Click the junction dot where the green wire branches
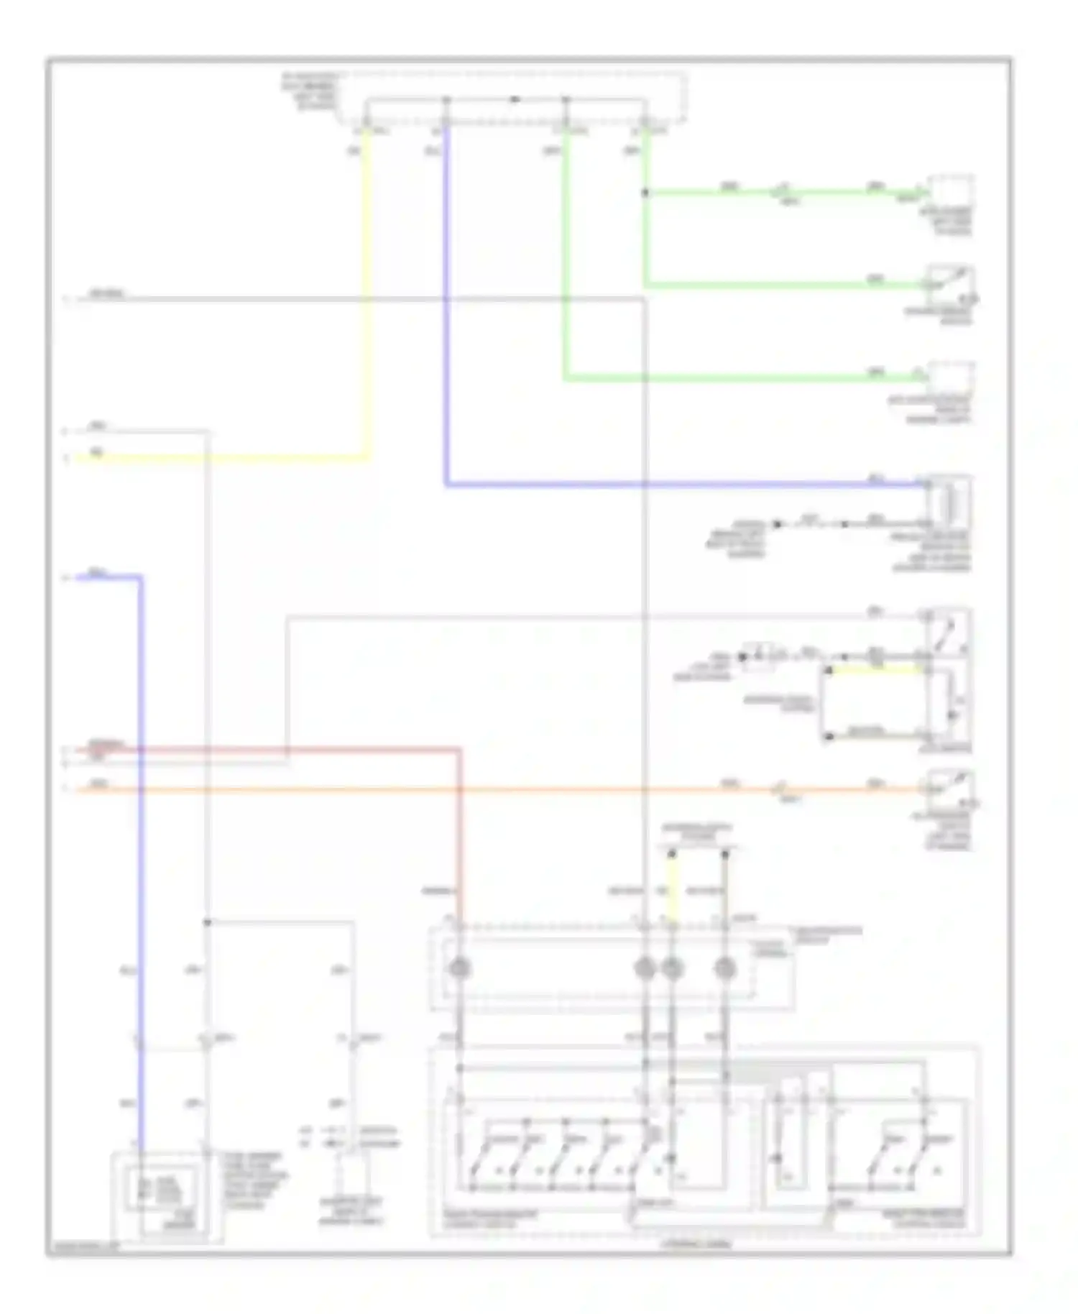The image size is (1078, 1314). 645,193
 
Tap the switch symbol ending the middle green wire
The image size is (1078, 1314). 951,285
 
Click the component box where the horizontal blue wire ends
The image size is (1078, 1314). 949,501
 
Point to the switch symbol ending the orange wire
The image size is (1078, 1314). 951,789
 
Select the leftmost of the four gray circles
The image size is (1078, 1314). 460,969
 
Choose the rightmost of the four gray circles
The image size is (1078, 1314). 725,969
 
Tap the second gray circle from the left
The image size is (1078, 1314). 645,969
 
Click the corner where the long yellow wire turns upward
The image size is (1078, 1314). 369,457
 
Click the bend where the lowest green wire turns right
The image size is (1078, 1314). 566,377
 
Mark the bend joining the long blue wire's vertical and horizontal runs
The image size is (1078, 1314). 446,485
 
